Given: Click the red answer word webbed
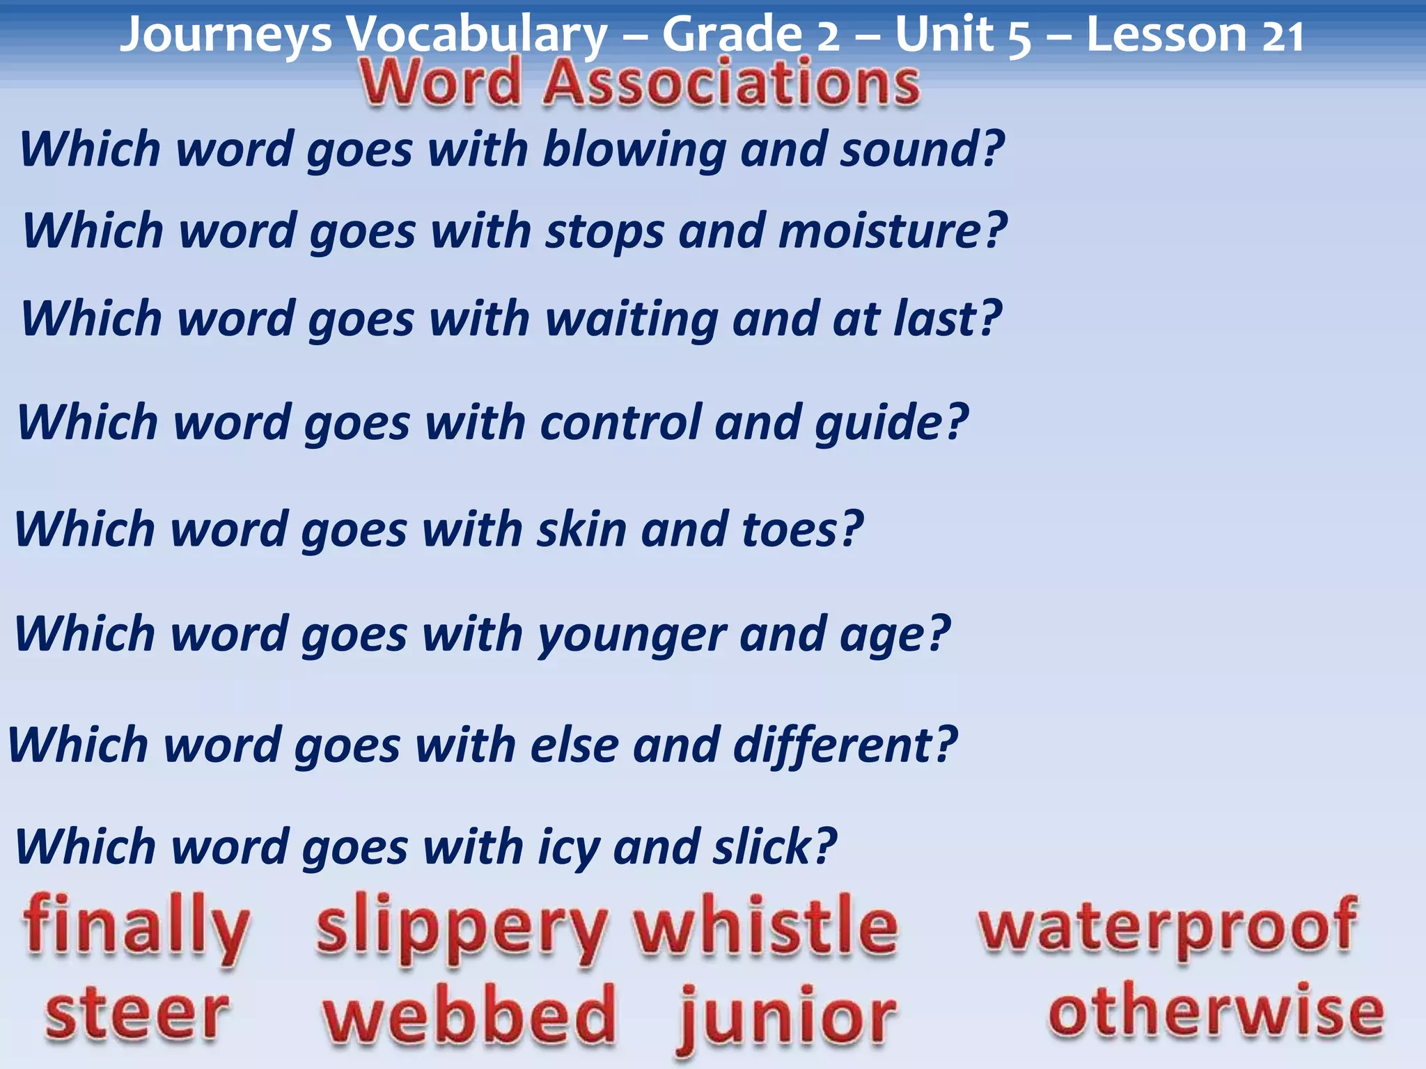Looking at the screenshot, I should [469, 1015].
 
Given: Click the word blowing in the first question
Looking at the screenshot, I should [634, 150].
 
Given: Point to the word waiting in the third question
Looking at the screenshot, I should [632, 319].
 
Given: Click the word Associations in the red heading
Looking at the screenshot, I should [731, 84].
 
